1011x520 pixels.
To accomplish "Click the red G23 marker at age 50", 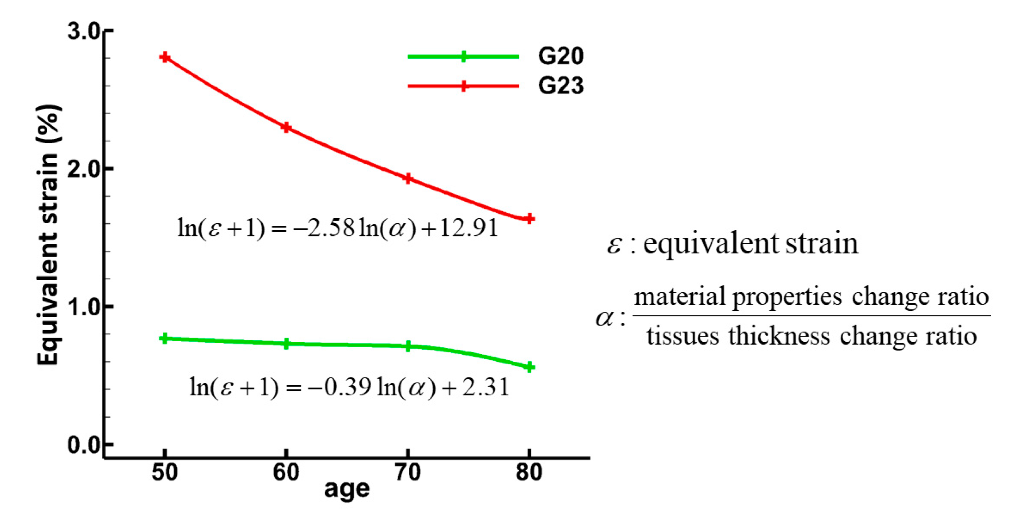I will tap(165, 57).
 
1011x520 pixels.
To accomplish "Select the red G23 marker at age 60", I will tap(286, 127).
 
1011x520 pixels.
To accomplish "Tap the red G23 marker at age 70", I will tap(408, 179).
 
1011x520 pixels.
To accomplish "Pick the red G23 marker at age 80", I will tap(529, 219).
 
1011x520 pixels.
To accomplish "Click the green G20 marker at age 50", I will tap(165, 338).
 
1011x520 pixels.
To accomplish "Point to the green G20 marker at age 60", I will tap(286, 344).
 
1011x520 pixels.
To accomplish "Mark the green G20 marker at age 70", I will tap(408, 346).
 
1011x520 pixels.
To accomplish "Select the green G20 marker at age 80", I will tap(529, 367).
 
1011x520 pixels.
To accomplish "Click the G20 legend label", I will tap(560, 56).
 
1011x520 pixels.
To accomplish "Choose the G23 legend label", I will tap(560, 86).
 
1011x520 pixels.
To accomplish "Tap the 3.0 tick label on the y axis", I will tap(84, 31).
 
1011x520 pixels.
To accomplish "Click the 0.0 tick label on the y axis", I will tap(84, 445).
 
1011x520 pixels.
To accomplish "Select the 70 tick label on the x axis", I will tap(408, 472).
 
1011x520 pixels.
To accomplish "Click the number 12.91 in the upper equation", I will tap(469, 228).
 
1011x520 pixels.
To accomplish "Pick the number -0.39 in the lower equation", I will tap(340, 387).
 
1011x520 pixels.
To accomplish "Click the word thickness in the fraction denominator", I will tap(779, 336).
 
